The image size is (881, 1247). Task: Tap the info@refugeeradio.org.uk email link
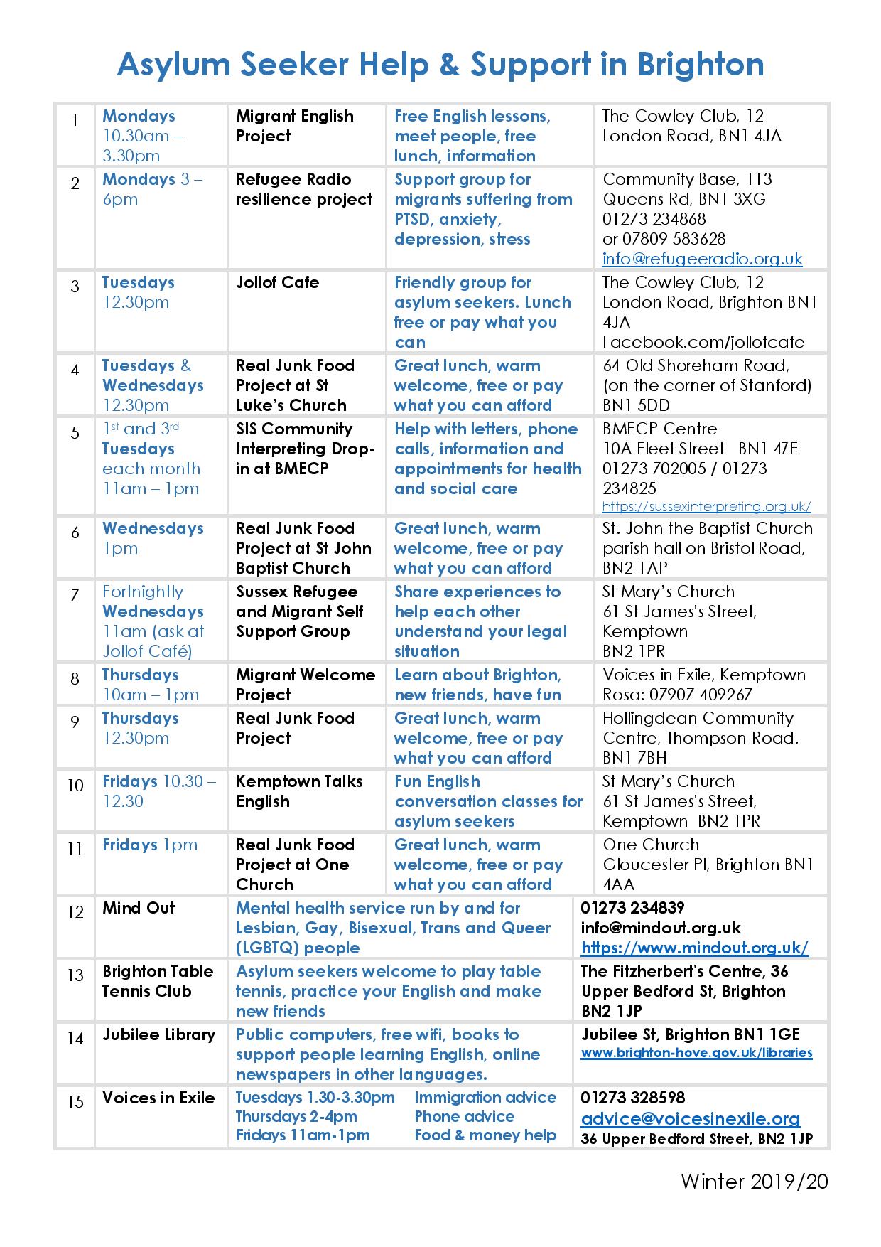point(702,259)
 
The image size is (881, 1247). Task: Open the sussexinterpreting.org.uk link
point(706,507)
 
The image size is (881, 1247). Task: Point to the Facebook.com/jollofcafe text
point(703,342)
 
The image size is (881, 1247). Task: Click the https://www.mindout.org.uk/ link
point(694,948)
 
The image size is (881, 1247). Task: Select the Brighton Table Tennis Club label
point(158,981)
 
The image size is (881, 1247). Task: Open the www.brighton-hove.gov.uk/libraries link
point(696,1053)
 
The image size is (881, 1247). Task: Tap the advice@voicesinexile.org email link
point(690,1119)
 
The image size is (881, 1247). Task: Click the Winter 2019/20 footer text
point(755,1181)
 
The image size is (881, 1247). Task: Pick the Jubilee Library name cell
point(158,1034)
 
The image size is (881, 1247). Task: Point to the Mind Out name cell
point(139,908)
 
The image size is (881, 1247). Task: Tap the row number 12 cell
point(75,912)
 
